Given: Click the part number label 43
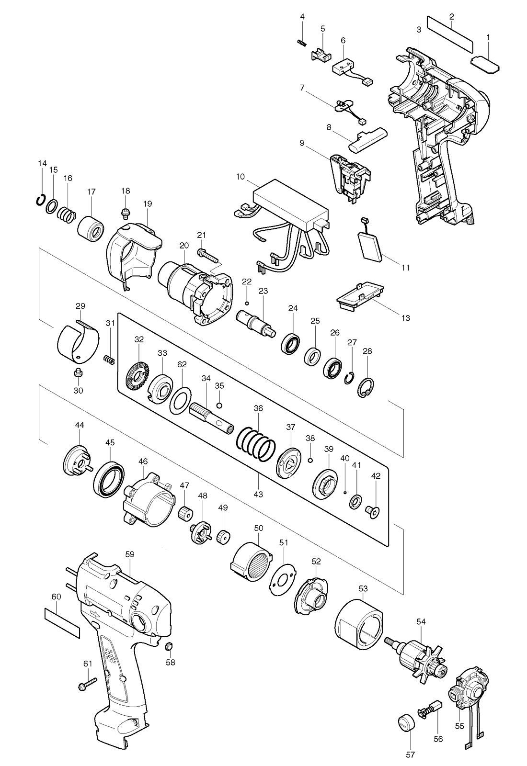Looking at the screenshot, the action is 258,494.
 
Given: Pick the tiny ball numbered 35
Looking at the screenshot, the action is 220,406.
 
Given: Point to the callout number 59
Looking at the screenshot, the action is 130,554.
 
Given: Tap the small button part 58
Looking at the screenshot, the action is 169,647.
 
